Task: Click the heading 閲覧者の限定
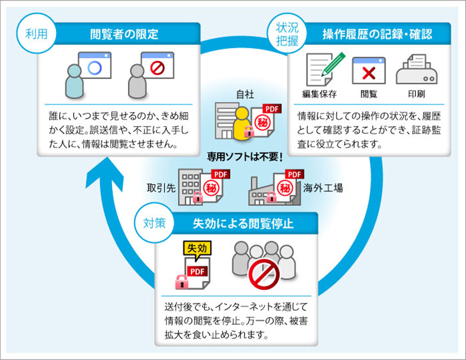pyautogui.click(x=124, y=34)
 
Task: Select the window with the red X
pyautogui.click(x=368, y=71)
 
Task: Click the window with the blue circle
pyautogui.click(x=94, y=65)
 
